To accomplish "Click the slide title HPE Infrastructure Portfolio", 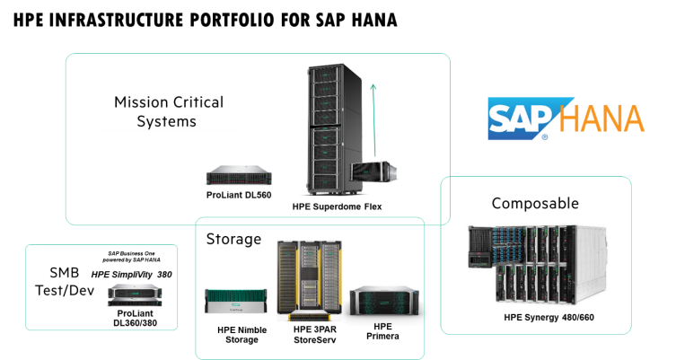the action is (206, 21).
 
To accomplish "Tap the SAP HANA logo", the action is (566, 119).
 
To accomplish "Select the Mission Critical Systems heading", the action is (169, 111).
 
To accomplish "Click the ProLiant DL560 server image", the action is (239, 175).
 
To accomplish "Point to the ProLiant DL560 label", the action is (239, 195).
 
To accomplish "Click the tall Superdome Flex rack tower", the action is (335, 129).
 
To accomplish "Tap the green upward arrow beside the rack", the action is (373, 120).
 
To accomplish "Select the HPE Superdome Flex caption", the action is (337, 206).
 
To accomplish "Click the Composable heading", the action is (535, 204).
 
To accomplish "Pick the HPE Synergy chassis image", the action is (537, 264).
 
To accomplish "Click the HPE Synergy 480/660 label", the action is (549, 318).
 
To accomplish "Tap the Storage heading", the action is (233, 239).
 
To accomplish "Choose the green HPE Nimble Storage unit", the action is (235, 301).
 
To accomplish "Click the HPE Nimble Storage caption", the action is (241, 335).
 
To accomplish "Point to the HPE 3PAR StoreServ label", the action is (315, 335).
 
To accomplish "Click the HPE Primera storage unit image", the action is (383, 301).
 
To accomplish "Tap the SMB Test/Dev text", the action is (65, 282).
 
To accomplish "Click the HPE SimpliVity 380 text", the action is (131, 275).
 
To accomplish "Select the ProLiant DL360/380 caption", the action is (135, 318).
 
